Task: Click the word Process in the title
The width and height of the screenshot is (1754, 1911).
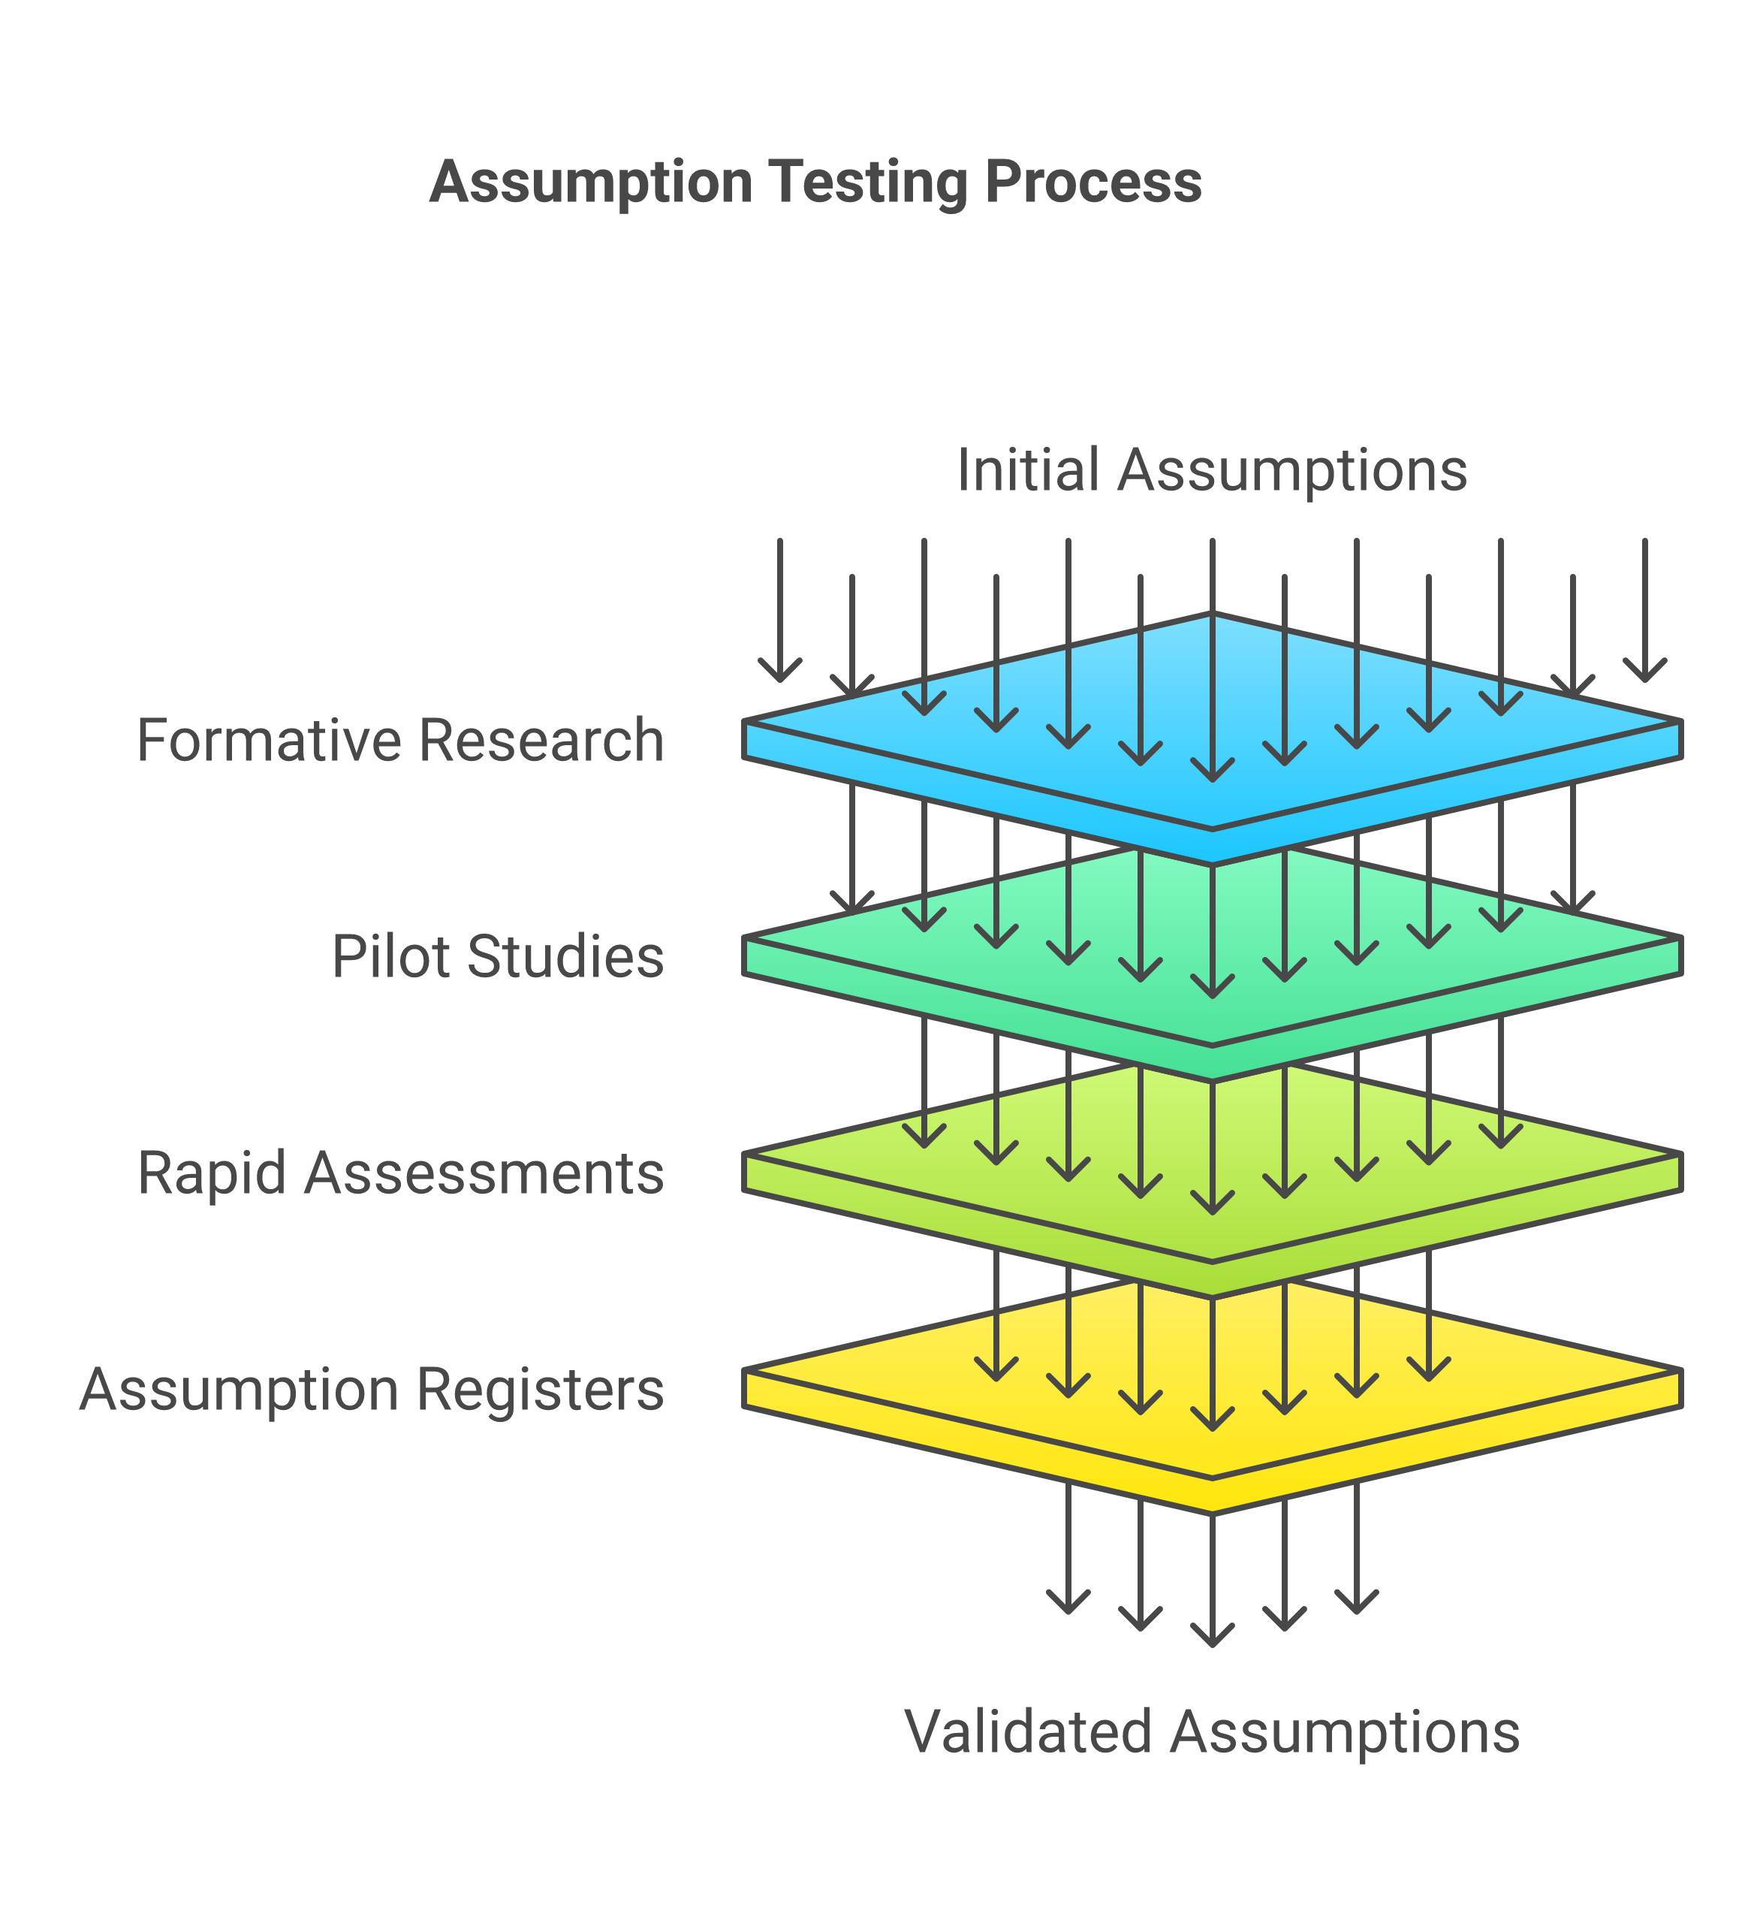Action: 1093,183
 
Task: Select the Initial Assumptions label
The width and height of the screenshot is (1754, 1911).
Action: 1211,470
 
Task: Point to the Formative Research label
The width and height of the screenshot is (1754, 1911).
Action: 399,741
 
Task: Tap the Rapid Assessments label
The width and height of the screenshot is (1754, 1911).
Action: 399,1173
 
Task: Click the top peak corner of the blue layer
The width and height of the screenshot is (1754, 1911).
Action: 1212,615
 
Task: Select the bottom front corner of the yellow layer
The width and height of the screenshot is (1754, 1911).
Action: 1212,1511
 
